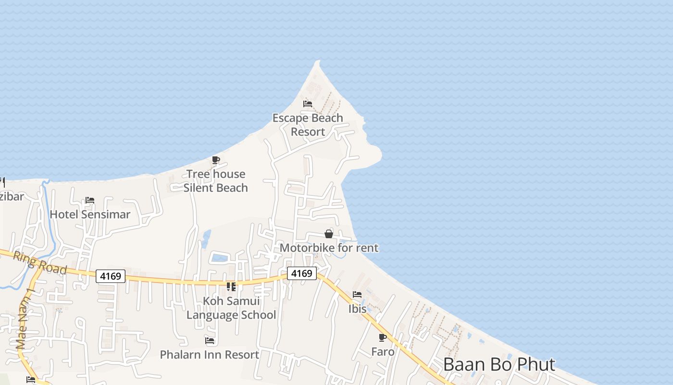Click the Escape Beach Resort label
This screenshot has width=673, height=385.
pos(308,125)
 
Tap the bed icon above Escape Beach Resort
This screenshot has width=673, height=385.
pos(308,103)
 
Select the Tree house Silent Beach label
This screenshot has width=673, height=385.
pos(216,181)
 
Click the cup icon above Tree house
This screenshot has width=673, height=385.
pos(216,160)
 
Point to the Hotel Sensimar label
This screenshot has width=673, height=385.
pos(90,214)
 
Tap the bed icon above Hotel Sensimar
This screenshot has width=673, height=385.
pos(90,200)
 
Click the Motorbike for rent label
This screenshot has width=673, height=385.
pos(329,248)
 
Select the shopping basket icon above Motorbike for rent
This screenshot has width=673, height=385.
pos(329,234)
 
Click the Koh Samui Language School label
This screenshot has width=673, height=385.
pos(231,308)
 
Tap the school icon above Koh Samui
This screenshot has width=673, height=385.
pos(231,287)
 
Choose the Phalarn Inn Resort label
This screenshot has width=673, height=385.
pos(210,355)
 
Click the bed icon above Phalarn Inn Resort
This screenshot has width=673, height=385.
pos(210,341)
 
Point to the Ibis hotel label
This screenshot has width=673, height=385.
pos(357,309)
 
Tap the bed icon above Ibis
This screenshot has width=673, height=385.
pos(357,295)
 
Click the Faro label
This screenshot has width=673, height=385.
pos(383,352)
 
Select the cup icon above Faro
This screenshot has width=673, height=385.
pos(383,337)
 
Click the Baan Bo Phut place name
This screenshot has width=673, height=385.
pos(499,364)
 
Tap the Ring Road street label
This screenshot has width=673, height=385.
pos(39,263)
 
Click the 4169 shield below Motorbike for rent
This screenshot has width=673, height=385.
pos(302,273)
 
